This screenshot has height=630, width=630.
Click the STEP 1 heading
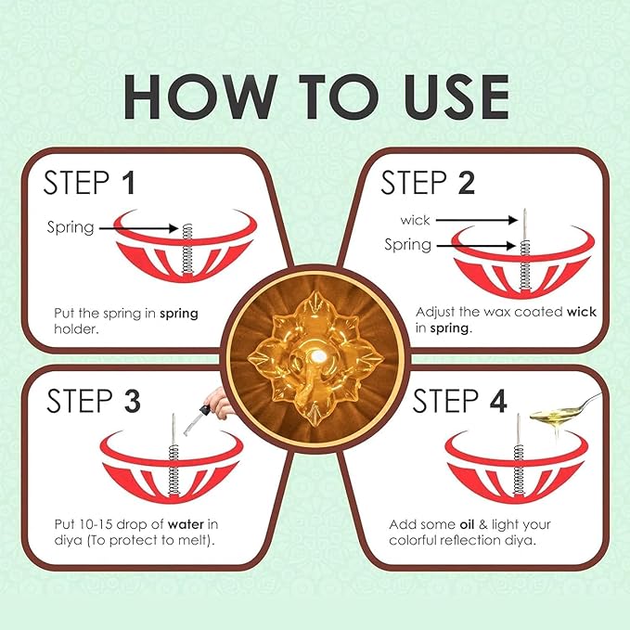point(90,182)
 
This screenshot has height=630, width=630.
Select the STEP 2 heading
point(428,182)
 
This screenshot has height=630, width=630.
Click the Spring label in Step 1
point(71,226)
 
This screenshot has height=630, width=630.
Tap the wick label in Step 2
point(416,220)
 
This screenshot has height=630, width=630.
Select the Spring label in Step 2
point(408,245)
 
